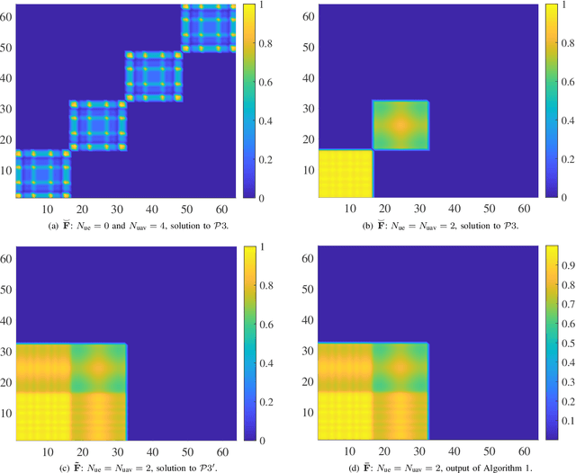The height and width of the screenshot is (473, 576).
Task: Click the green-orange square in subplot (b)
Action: coord(400,125)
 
